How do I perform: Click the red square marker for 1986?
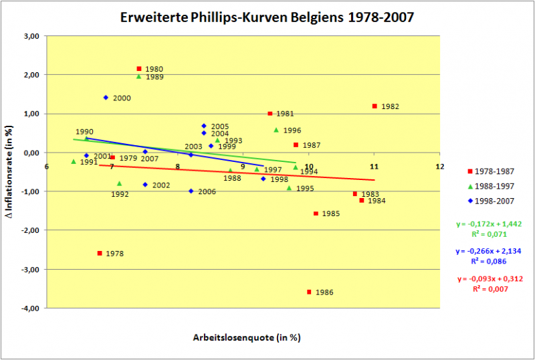coord(309,292)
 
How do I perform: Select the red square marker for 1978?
coord(100,253)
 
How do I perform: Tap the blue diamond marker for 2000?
coord(106,98)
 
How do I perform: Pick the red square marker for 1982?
coord(374,106)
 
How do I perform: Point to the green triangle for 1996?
coord(276,130)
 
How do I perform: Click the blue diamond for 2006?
coord(191,191)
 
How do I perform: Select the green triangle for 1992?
coord(119,183)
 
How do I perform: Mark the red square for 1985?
coord(316,213)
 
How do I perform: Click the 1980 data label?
coord(154,69)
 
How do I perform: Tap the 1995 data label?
coord(305,189)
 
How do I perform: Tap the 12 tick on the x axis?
coord(439,166)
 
